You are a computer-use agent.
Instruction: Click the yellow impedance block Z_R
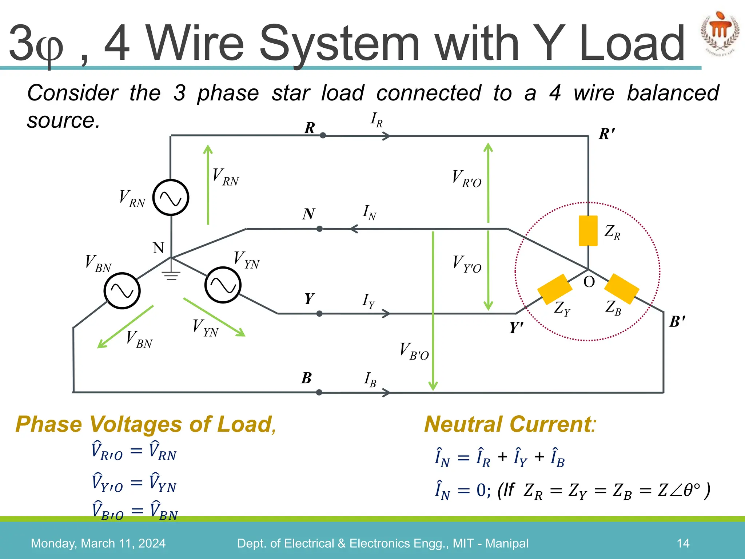click(588, 231)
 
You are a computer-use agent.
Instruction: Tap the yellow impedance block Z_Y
click(554, 289)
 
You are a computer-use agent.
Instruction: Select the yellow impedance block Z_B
click(621, 289)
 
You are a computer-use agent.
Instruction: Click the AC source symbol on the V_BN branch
click(122, 291)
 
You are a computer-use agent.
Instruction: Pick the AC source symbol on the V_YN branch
click(223, 285)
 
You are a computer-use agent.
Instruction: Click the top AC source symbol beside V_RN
click(171, 197)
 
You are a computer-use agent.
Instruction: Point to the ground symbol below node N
click(171, 275)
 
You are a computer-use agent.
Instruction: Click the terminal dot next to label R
click(323, 135)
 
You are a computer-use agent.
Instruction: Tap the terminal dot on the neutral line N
click(319, 229)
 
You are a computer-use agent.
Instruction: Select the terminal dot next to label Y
click(319, 313)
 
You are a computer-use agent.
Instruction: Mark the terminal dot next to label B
click(319, 392)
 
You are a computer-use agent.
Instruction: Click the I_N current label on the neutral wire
click(369, 213)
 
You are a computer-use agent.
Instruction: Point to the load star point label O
click(589, 282)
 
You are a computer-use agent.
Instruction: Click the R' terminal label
click(606, 134)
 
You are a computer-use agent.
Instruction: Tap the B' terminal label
click(677, 322)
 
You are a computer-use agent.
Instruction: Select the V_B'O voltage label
click(414, 351)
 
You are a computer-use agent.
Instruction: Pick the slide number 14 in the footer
click(683, 543)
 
